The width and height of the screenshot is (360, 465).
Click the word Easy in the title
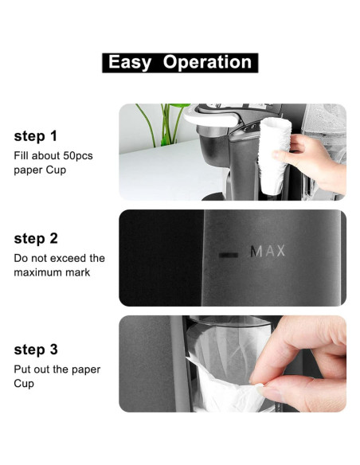click(x=130, y=63)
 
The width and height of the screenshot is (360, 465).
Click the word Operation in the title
click(x=207, y=63)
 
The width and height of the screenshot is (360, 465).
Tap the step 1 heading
click(x=35, y=135)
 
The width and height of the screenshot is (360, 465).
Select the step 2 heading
click(x=35, y=238)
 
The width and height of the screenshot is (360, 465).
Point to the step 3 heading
click(x=35, y=350)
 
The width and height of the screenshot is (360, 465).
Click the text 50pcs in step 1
click(x=76, y=156)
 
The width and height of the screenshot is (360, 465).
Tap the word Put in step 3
click(x=22, y=369)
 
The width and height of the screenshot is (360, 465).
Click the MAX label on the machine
click(x=268, y=252)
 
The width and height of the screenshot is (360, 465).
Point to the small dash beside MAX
click(x=229, y=254)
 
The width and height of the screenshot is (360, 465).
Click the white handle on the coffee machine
click(x=211, y=119)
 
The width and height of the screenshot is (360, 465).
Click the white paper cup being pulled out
click(x=231, y=382)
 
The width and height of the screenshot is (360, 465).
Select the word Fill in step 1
click(x=22, y=156)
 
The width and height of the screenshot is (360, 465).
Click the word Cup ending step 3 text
click(x=24, y=384)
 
